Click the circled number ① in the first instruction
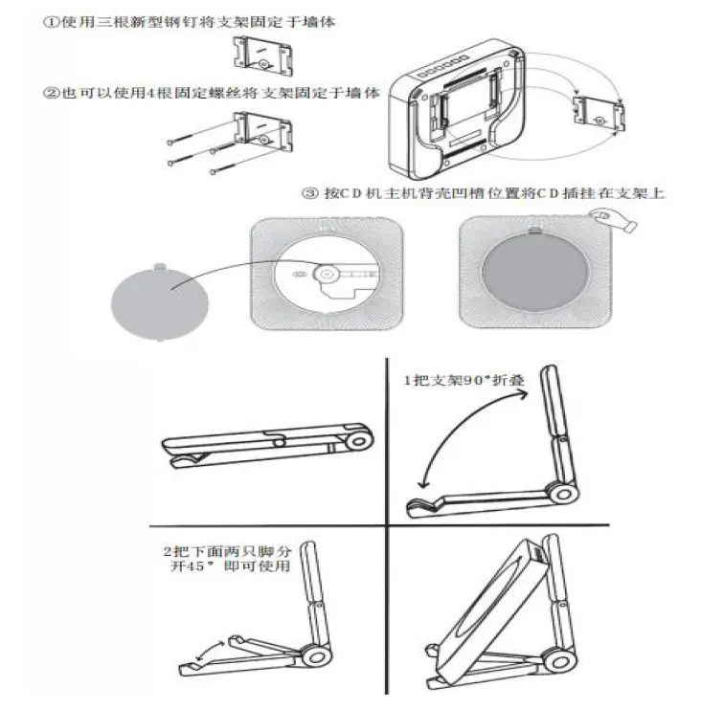point(51,21)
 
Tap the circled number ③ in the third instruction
point(309,194)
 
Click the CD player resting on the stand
point(498,603)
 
